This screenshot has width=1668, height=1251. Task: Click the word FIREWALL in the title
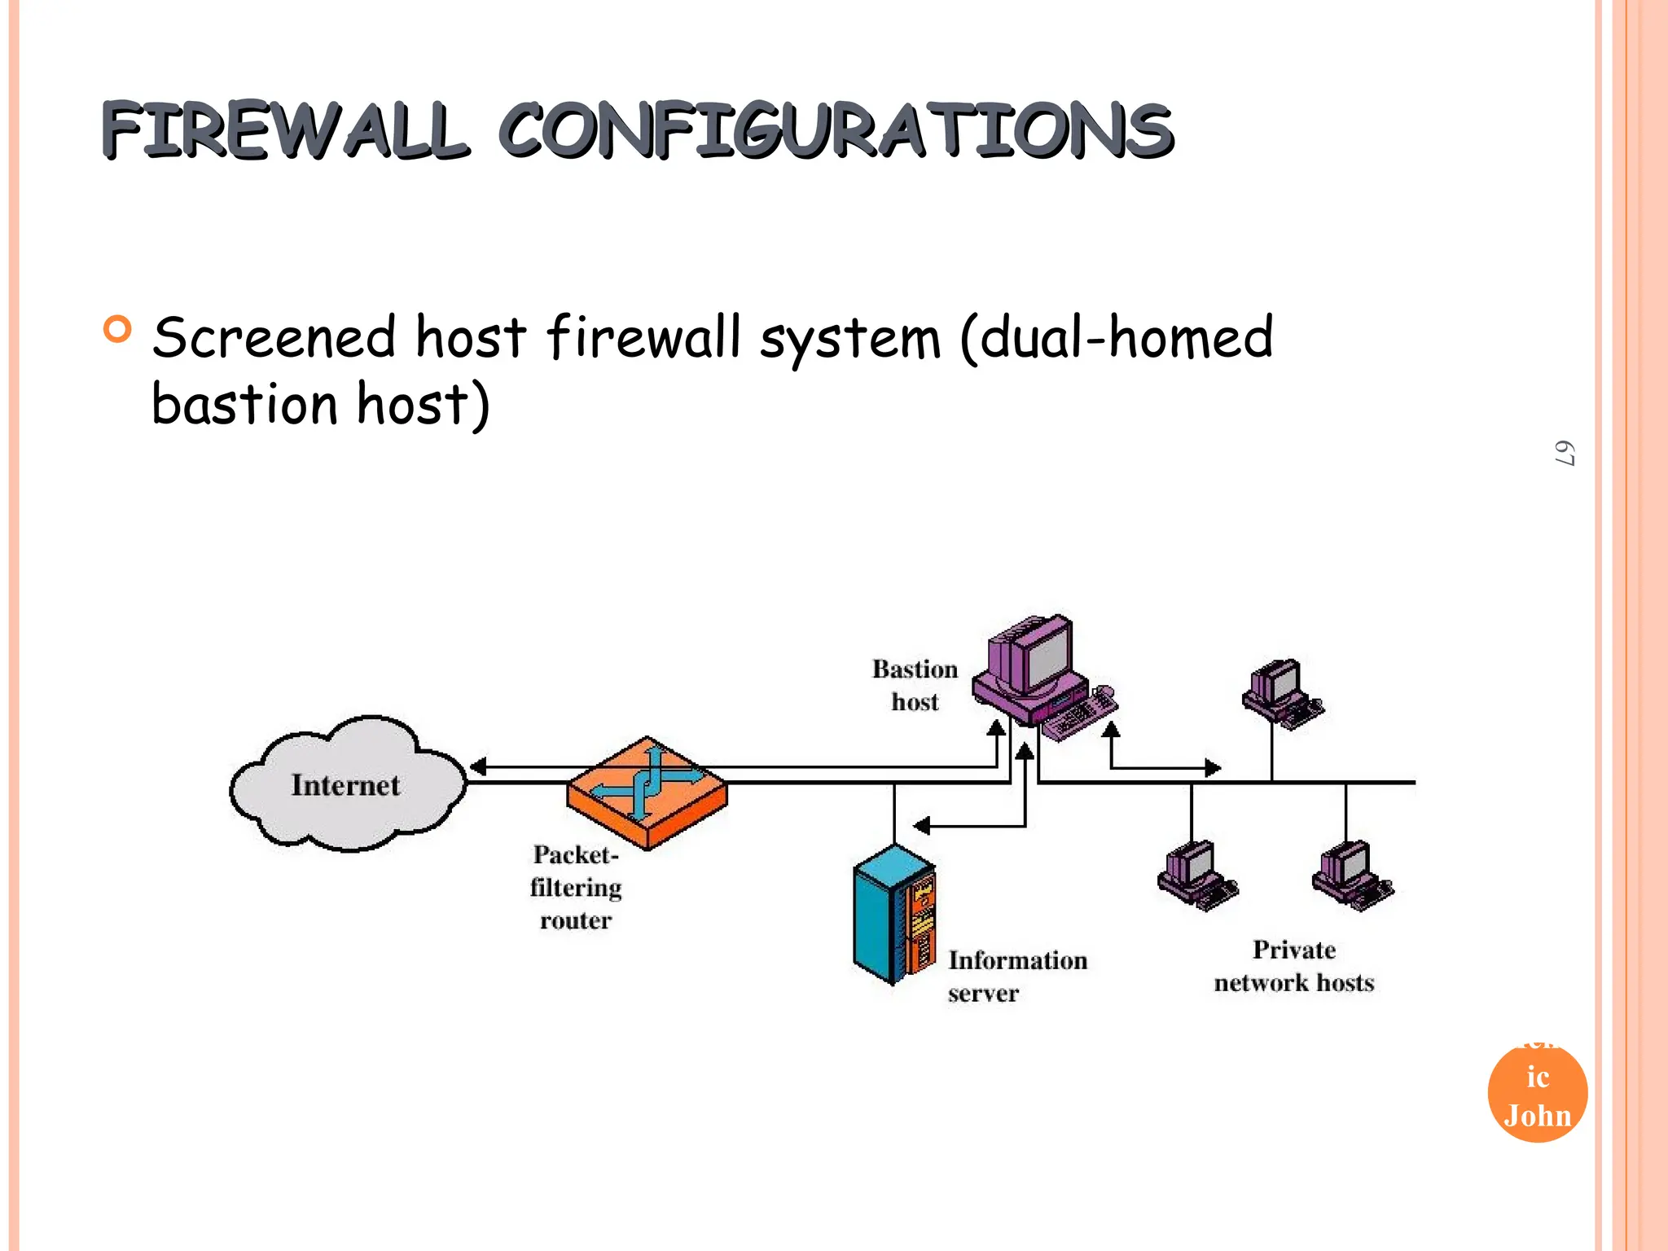[285, 130]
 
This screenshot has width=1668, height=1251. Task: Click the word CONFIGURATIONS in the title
[835, 130]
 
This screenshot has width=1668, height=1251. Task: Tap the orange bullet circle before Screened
[118, 330]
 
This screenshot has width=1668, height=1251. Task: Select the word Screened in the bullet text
[274, 338]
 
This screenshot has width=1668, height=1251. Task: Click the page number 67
[1564, 454]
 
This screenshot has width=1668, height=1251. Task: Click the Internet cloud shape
[346, 784]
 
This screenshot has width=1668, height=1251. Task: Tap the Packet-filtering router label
[575, 887]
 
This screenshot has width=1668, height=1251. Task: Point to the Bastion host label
[915, 685]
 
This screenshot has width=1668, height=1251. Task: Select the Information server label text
[1016, 976]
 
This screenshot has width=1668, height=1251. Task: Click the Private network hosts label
[1293, 966]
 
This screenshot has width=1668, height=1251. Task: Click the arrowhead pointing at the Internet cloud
[478, 766]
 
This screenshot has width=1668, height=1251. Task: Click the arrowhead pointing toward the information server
[921, 826]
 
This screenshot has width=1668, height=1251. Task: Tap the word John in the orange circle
[1537, 1115]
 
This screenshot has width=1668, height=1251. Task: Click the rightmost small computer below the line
[1350, 876]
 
